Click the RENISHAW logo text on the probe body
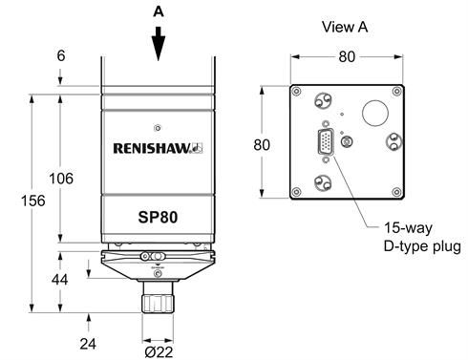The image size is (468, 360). click(158, 148)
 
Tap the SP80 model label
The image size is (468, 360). click(158, 217)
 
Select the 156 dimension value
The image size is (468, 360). click(33, 201)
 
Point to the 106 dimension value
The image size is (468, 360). click(61, 179)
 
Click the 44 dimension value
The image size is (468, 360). click(60, 280)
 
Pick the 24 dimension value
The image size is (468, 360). click(88, 344)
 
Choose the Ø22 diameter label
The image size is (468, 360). click(159, 352)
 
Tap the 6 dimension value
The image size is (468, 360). click(61, 55)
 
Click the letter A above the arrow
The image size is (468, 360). click(159, 11)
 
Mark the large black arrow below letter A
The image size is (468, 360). click(159, 44)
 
